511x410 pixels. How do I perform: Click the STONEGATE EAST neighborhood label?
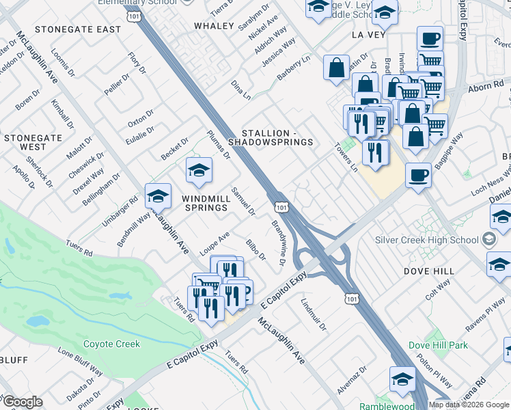pos(78,29)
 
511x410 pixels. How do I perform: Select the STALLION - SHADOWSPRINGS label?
pos(278,137)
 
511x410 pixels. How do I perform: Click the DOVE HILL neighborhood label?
pos(430,271)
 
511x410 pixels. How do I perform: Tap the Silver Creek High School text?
pos(427,240)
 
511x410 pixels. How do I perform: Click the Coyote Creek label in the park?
pos(111,344)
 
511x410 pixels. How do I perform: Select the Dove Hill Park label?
pos(439,345)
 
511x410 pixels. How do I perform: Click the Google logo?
pos(23,401)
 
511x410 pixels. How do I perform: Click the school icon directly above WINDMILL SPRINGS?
pos(199,171)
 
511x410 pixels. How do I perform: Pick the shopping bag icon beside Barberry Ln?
pos(336,68)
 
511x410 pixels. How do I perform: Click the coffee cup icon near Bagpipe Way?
pos(418,175)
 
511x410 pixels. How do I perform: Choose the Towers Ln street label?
pos(346,156)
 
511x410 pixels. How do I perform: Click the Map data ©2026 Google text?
pos(469,405)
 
